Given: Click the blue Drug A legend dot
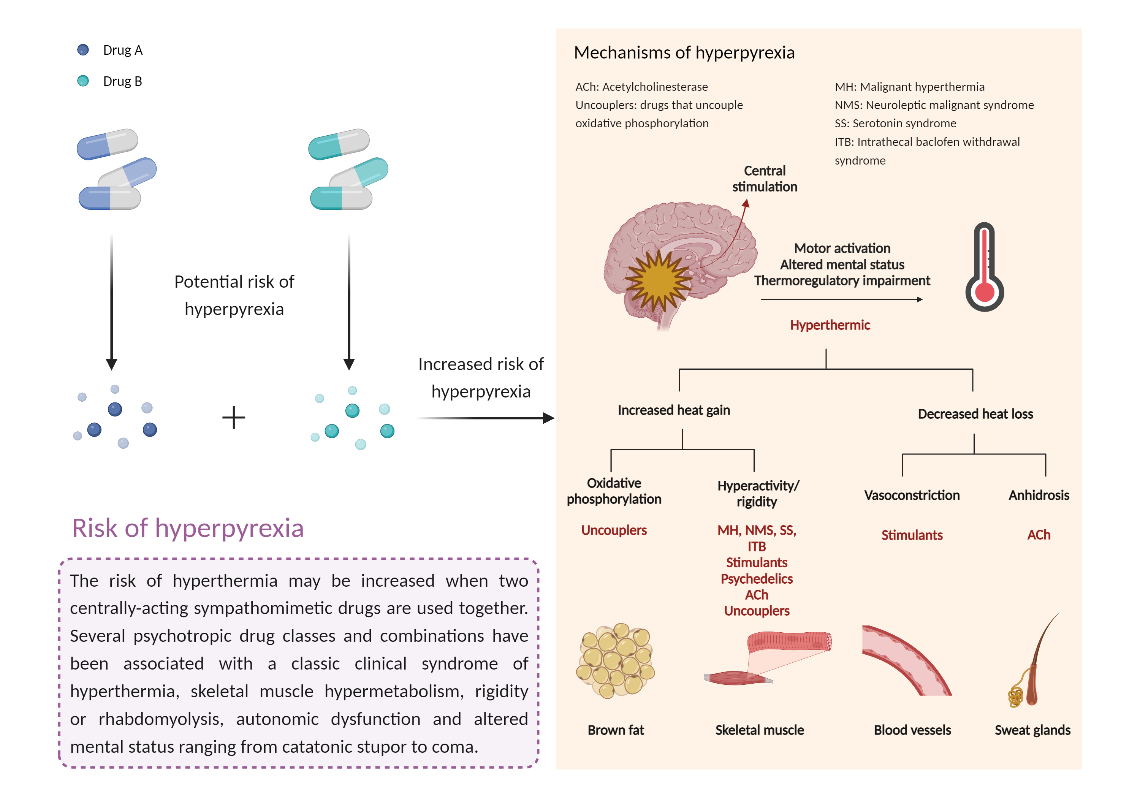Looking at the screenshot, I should click(x=83, y=50).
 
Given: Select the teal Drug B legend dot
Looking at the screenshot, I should click(x=83, y=81).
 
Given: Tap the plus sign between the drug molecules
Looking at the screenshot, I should click(x=233, y=417).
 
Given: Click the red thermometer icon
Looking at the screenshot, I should click(x=984, y=268).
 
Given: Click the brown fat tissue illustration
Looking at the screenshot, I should click(x=615, y=660).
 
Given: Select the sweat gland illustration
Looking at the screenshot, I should click(x=1030, y=665).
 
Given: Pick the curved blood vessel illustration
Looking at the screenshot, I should click(x=906, y=660).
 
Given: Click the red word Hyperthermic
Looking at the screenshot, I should click(x=830, y=325).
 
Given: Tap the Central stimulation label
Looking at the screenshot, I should click(x=765, y=179).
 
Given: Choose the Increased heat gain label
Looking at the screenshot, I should click(x=674, y=410).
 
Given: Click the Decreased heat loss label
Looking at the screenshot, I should click(x=975, y=414).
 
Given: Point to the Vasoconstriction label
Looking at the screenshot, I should click(x=912, y=495).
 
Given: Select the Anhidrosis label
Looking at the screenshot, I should click(x=1039, y=495).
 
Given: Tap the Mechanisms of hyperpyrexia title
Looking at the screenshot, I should click(x=684, y=53).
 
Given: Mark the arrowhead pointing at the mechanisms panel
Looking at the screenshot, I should click(x=548, y=418).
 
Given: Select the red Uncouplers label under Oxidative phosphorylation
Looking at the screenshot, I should click(x=614, y=530).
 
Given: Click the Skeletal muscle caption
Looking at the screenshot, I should click(x=759, y=730).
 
